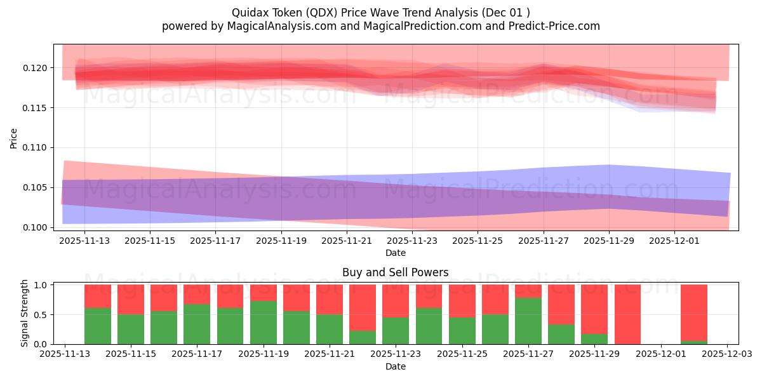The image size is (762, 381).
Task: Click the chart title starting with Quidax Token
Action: (x=381, y=12)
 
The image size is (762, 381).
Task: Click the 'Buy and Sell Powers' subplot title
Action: (x=395, y=272)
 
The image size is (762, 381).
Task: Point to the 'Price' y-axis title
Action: (x=14, y=137)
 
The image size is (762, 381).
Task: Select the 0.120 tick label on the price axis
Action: (x=36, y=68)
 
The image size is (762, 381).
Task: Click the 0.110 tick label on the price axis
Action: (x=36, y=148)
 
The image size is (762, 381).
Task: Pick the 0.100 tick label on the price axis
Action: (x=36, y=227)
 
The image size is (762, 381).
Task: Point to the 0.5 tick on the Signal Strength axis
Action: (x=41, y=315)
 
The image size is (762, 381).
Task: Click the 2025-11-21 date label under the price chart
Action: (x=347, y=241)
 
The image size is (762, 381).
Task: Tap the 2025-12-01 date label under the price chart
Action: (x=675, y=241)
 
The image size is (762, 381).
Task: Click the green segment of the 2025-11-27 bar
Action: (x=528, y=321)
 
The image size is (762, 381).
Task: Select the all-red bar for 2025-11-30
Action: (x=627, y=314)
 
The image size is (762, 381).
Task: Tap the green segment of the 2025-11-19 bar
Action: (x=264, y=322)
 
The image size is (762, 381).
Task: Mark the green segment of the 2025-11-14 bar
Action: (x=98, y=326)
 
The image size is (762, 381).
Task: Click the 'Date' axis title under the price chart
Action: (x=395, y=253)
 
